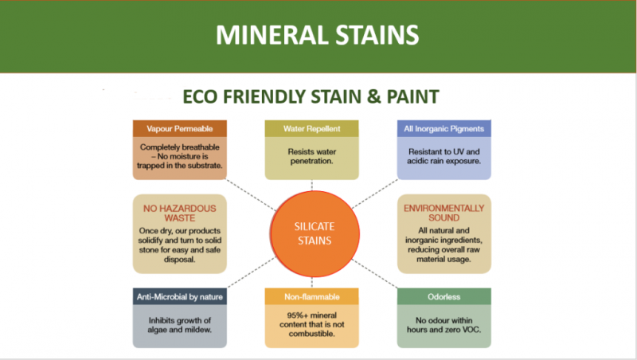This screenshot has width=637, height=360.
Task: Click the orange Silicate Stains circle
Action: (x=315, y=233)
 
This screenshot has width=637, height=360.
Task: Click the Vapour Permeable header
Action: (x=180, y=128)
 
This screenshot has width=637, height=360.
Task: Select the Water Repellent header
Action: (x=311, y=128)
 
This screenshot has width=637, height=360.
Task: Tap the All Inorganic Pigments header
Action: (x=444, y=128)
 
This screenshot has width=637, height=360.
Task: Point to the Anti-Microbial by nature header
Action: (x=180, y=296)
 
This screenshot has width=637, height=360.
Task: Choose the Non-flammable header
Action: (x=311, y=296)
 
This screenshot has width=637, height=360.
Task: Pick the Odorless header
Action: (x=444, y=296)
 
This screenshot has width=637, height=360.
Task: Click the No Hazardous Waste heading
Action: (x=180, y=213)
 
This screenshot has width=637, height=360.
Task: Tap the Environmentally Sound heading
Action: (x=444, y=213)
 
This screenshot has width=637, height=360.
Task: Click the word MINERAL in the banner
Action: (x=272, y=35)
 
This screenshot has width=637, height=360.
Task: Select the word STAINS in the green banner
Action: (x=377, y=35)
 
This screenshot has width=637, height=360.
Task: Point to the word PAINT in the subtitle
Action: (x=412, y=96)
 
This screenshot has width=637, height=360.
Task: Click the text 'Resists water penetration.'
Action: (x=312, y=156)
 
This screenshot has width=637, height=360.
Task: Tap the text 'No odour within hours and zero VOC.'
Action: (x=444, y=325)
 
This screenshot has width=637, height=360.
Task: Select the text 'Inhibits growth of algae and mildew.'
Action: (x=180, y=325)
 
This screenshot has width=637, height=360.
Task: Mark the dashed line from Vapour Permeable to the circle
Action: (x=251, y=195)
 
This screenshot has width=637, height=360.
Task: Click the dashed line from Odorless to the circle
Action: (x=374, y=273)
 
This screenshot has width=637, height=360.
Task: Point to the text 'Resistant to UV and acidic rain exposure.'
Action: (x=444, y=156)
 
